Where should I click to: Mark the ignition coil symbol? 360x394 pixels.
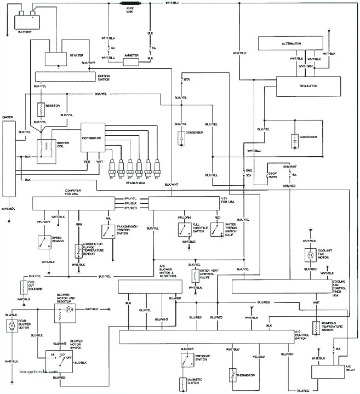42,148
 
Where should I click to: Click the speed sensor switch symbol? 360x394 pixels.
42,242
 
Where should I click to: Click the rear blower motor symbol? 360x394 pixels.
10,327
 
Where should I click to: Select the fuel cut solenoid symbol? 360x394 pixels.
23,287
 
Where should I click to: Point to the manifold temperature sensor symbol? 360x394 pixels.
316,327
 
